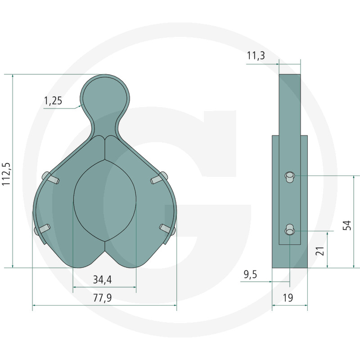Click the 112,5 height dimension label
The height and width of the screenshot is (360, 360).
pos(6,174)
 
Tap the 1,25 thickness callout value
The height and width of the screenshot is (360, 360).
pos(53,101)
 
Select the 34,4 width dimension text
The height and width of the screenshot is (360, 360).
pos(103,279)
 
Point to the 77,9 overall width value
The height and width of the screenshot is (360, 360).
pos(103,298)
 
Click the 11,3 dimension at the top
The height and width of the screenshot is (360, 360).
pos(256,55)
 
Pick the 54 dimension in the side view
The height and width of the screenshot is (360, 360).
pos(347,225)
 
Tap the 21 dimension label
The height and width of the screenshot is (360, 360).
pos(320,251)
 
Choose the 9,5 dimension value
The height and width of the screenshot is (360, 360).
pos(250,274)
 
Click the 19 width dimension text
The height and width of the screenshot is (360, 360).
pos(288,298)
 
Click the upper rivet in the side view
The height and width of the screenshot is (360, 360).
pos(289,177)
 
